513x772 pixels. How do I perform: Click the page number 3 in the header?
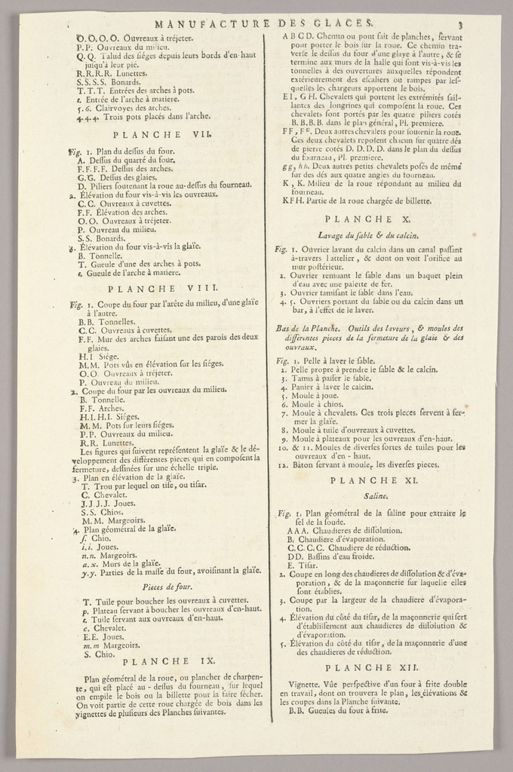pos(459,26)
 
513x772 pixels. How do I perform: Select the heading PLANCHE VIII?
pos(163,288)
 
